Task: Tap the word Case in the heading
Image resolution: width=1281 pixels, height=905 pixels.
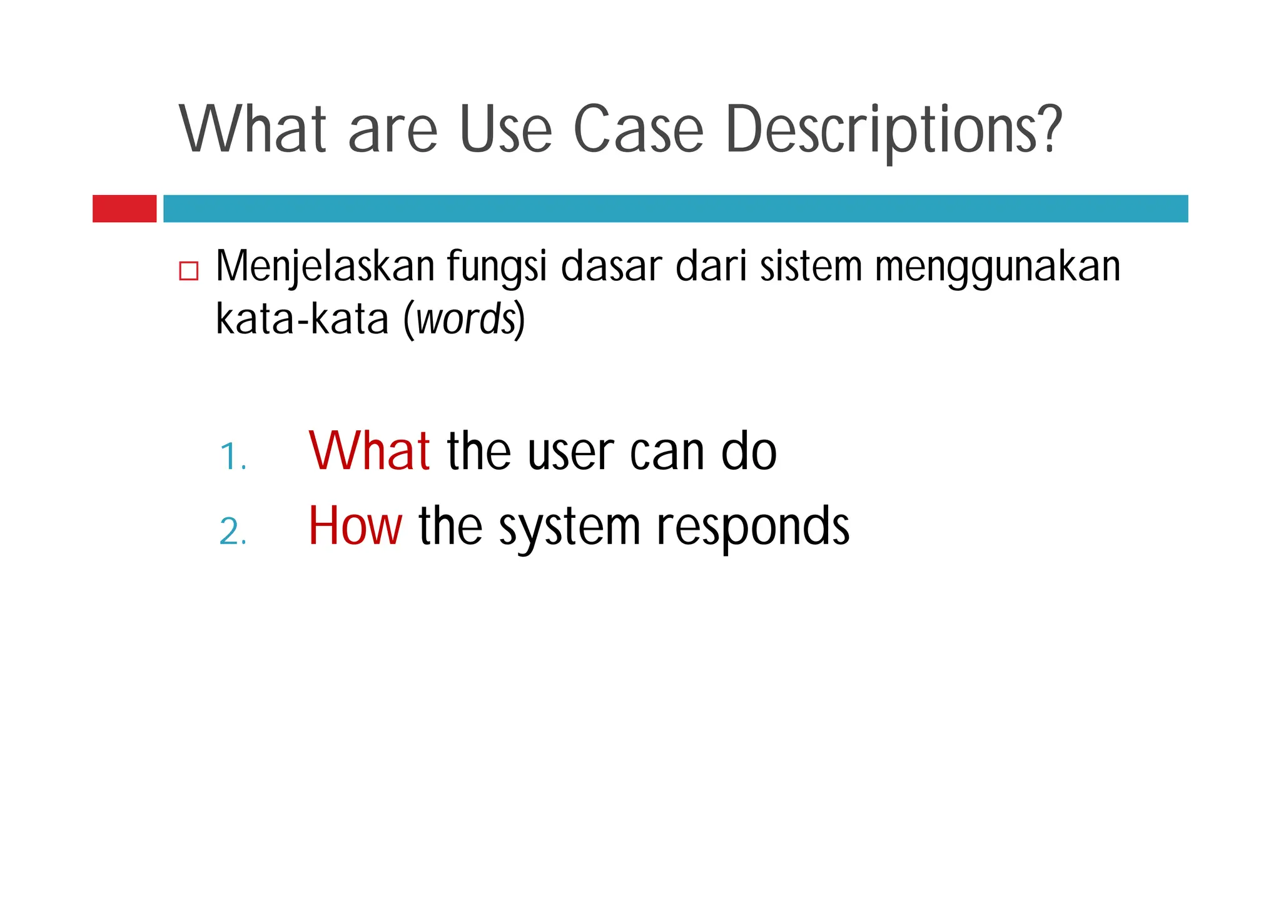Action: pyautogui.click(x=639, y=129)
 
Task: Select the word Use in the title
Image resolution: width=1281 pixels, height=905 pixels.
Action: pyautogui.click(x=505, y=129)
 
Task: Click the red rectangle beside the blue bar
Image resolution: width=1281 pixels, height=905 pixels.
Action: pyautogui.click(x=124, y=208)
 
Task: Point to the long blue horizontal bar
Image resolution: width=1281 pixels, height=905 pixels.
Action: pyautogui.click(x=676, y=208)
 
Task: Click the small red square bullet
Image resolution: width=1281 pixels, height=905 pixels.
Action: pyautogui.click(x=189, y=271)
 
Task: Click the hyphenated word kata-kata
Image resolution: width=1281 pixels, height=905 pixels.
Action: pyautogui.click(x=302, y=320)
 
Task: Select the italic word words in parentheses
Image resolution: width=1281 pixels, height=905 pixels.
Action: pyautogui.click(x=466, y=320)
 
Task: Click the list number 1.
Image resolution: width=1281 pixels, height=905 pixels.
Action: pyautogui.click(x=233, y=457)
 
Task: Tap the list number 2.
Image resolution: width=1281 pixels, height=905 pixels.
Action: pyautogui.click(x=233, y=532)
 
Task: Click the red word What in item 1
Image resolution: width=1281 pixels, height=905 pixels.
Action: pyautogui.click(x=369, y=451)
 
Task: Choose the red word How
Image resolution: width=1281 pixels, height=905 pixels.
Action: pyautogui.click(x=355, y=527)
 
